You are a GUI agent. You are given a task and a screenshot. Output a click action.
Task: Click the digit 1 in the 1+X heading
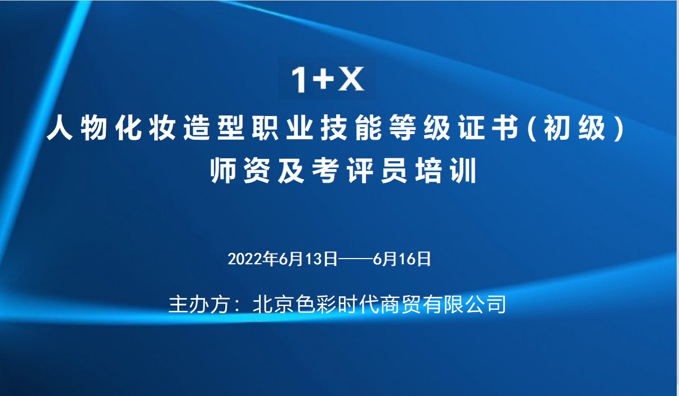pos(299,80)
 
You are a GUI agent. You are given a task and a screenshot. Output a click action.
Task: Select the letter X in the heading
pos(351,79)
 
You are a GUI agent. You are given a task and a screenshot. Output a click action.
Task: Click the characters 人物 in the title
pos(77,128)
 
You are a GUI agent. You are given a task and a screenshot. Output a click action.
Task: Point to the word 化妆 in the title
pos(145,128)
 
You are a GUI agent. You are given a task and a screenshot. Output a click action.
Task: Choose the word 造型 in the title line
pos(214,128)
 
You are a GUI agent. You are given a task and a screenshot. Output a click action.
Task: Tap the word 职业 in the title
pos(283,128)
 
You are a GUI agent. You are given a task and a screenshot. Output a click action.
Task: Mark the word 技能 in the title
pos(351,128)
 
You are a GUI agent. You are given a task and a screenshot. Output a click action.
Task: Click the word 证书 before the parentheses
pos(488,128)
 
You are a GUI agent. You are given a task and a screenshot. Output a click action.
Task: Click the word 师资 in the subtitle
pos(240,171)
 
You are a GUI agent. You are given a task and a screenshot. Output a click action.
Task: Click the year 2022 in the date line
pos(244,259)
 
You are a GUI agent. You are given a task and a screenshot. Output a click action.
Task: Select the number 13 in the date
pos(313,259)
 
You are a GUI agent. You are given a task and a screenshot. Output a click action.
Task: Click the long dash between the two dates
pos(355,259)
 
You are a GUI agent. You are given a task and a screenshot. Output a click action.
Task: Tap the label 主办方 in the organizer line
pos(199,304)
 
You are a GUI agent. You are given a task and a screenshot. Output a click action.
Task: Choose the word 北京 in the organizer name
pos(274,304)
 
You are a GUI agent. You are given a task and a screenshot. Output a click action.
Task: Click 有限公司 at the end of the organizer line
pos(464,304)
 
